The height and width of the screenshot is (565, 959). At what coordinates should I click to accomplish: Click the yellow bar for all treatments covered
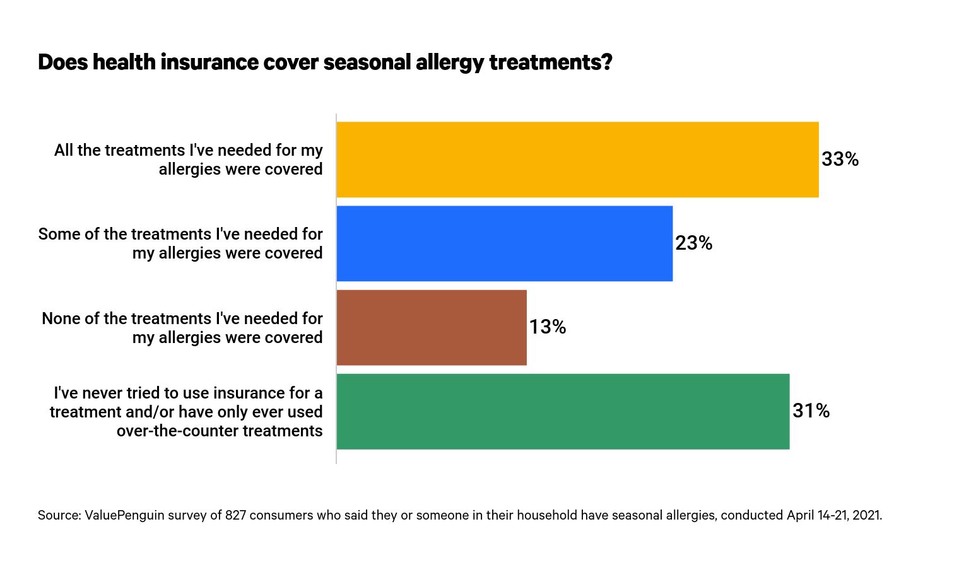coord(577,160)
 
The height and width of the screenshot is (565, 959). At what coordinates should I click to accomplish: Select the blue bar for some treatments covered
coord(504,243)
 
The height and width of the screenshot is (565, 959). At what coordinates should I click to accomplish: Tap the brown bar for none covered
coord(432,327)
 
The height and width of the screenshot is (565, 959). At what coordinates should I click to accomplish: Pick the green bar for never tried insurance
coord(563,411)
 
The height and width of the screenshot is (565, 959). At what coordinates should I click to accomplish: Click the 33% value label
coord(840,160)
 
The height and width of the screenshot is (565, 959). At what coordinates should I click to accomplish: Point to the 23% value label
coord(693,243)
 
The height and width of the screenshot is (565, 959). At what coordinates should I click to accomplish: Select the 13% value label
coord(547,327)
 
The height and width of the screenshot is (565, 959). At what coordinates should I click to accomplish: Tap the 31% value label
coord(811,411)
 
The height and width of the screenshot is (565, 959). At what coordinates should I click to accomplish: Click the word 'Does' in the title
coord(62,62)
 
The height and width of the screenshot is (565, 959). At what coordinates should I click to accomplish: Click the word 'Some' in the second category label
coord(59,234)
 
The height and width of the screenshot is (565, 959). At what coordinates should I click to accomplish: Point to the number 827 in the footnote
coord(235,515)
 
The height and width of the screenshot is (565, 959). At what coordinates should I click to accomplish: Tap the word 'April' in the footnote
coord(800,515)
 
